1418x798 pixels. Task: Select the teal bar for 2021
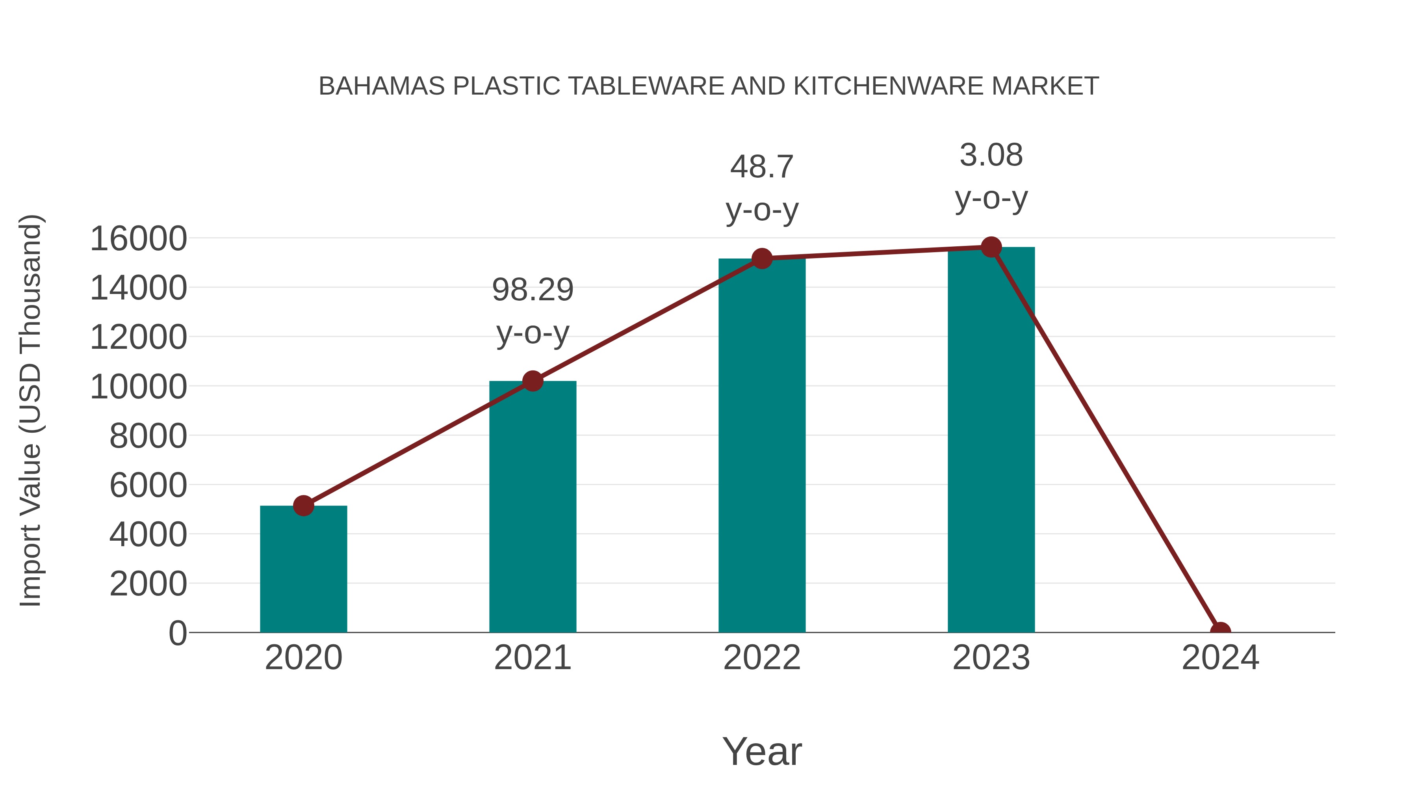(x=532, y=507)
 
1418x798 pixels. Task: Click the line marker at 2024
(x=1220, y=631)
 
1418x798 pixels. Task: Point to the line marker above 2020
(x=303, y=506)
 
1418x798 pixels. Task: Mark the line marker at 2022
(x=762, y=258)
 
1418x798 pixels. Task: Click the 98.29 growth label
(x=532, y=290)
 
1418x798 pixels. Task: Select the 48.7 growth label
(x=762, y=167)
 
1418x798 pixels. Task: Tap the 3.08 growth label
(x=991, y=155)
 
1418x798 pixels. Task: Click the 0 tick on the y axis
(x=178, y=633)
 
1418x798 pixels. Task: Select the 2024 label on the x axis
(x=1220, y=658)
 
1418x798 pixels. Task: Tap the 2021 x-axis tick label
(x=532, y=658)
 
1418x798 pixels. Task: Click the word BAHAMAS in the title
(x=381, y=86)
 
